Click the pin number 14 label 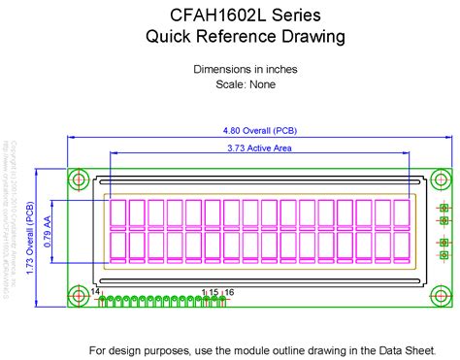pos(95,291)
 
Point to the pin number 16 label pos(229,291)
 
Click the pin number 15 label pos(214,291)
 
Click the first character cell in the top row pos(118,214)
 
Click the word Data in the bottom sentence pos(373,349)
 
